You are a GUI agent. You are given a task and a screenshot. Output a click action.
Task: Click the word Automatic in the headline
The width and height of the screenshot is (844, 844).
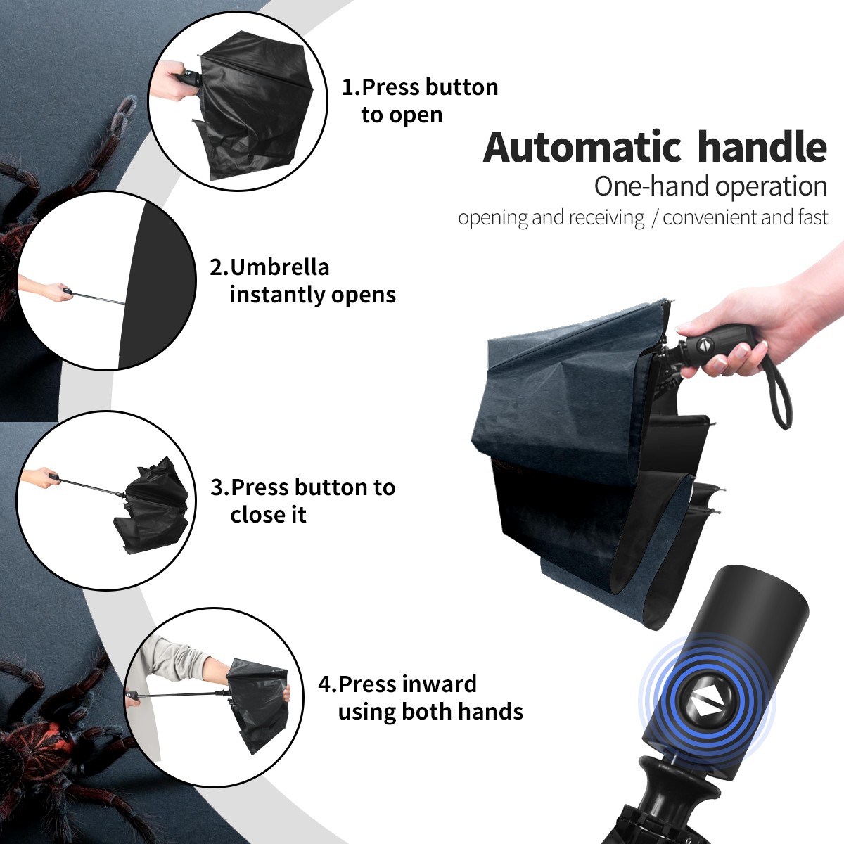coord(582,148)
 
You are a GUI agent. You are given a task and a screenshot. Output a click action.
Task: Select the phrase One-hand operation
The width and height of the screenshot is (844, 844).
coord(710,186)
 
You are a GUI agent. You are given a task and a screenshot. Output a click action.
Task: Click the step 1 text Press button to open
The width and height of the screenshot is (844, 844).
coord(420,101)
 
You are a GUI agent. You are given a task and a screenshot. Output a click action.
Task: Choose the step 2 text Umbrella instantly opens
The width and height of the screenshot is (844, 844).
coord(302,281)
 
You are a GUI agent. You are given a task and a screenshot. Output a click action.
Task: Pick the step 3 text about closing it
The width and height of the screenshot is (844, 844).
coord(302,501)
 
